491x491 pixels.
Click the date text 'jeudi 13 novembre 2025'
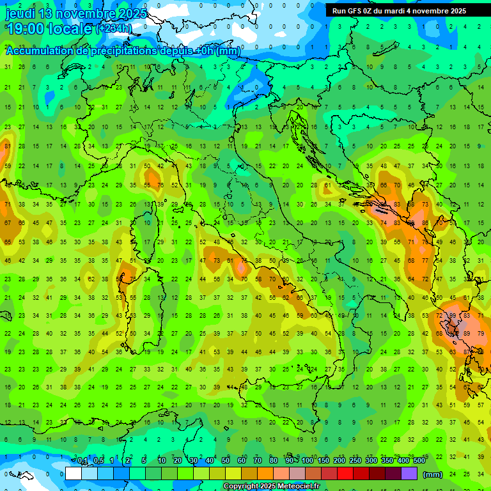tap(76, 13)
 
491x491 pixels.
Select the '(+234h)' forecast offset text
tap(114, 29)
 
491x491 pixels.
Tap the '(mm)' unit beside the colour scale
tap(433, 474)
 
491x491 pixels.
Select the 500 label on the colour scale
tap(419, 461)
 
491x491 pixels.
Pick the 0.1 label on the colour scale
tap(82, 461)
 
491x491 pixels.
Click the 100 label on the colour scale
tap(308, 461)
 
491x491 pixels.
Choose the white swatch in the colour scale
tap(74, 473)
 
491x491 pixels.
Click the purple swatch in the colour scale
tap(409, 473)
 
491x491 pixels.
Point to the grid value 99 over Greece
tap(453, 316)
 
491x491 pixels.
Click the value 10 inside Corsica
tap(147, 223)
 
